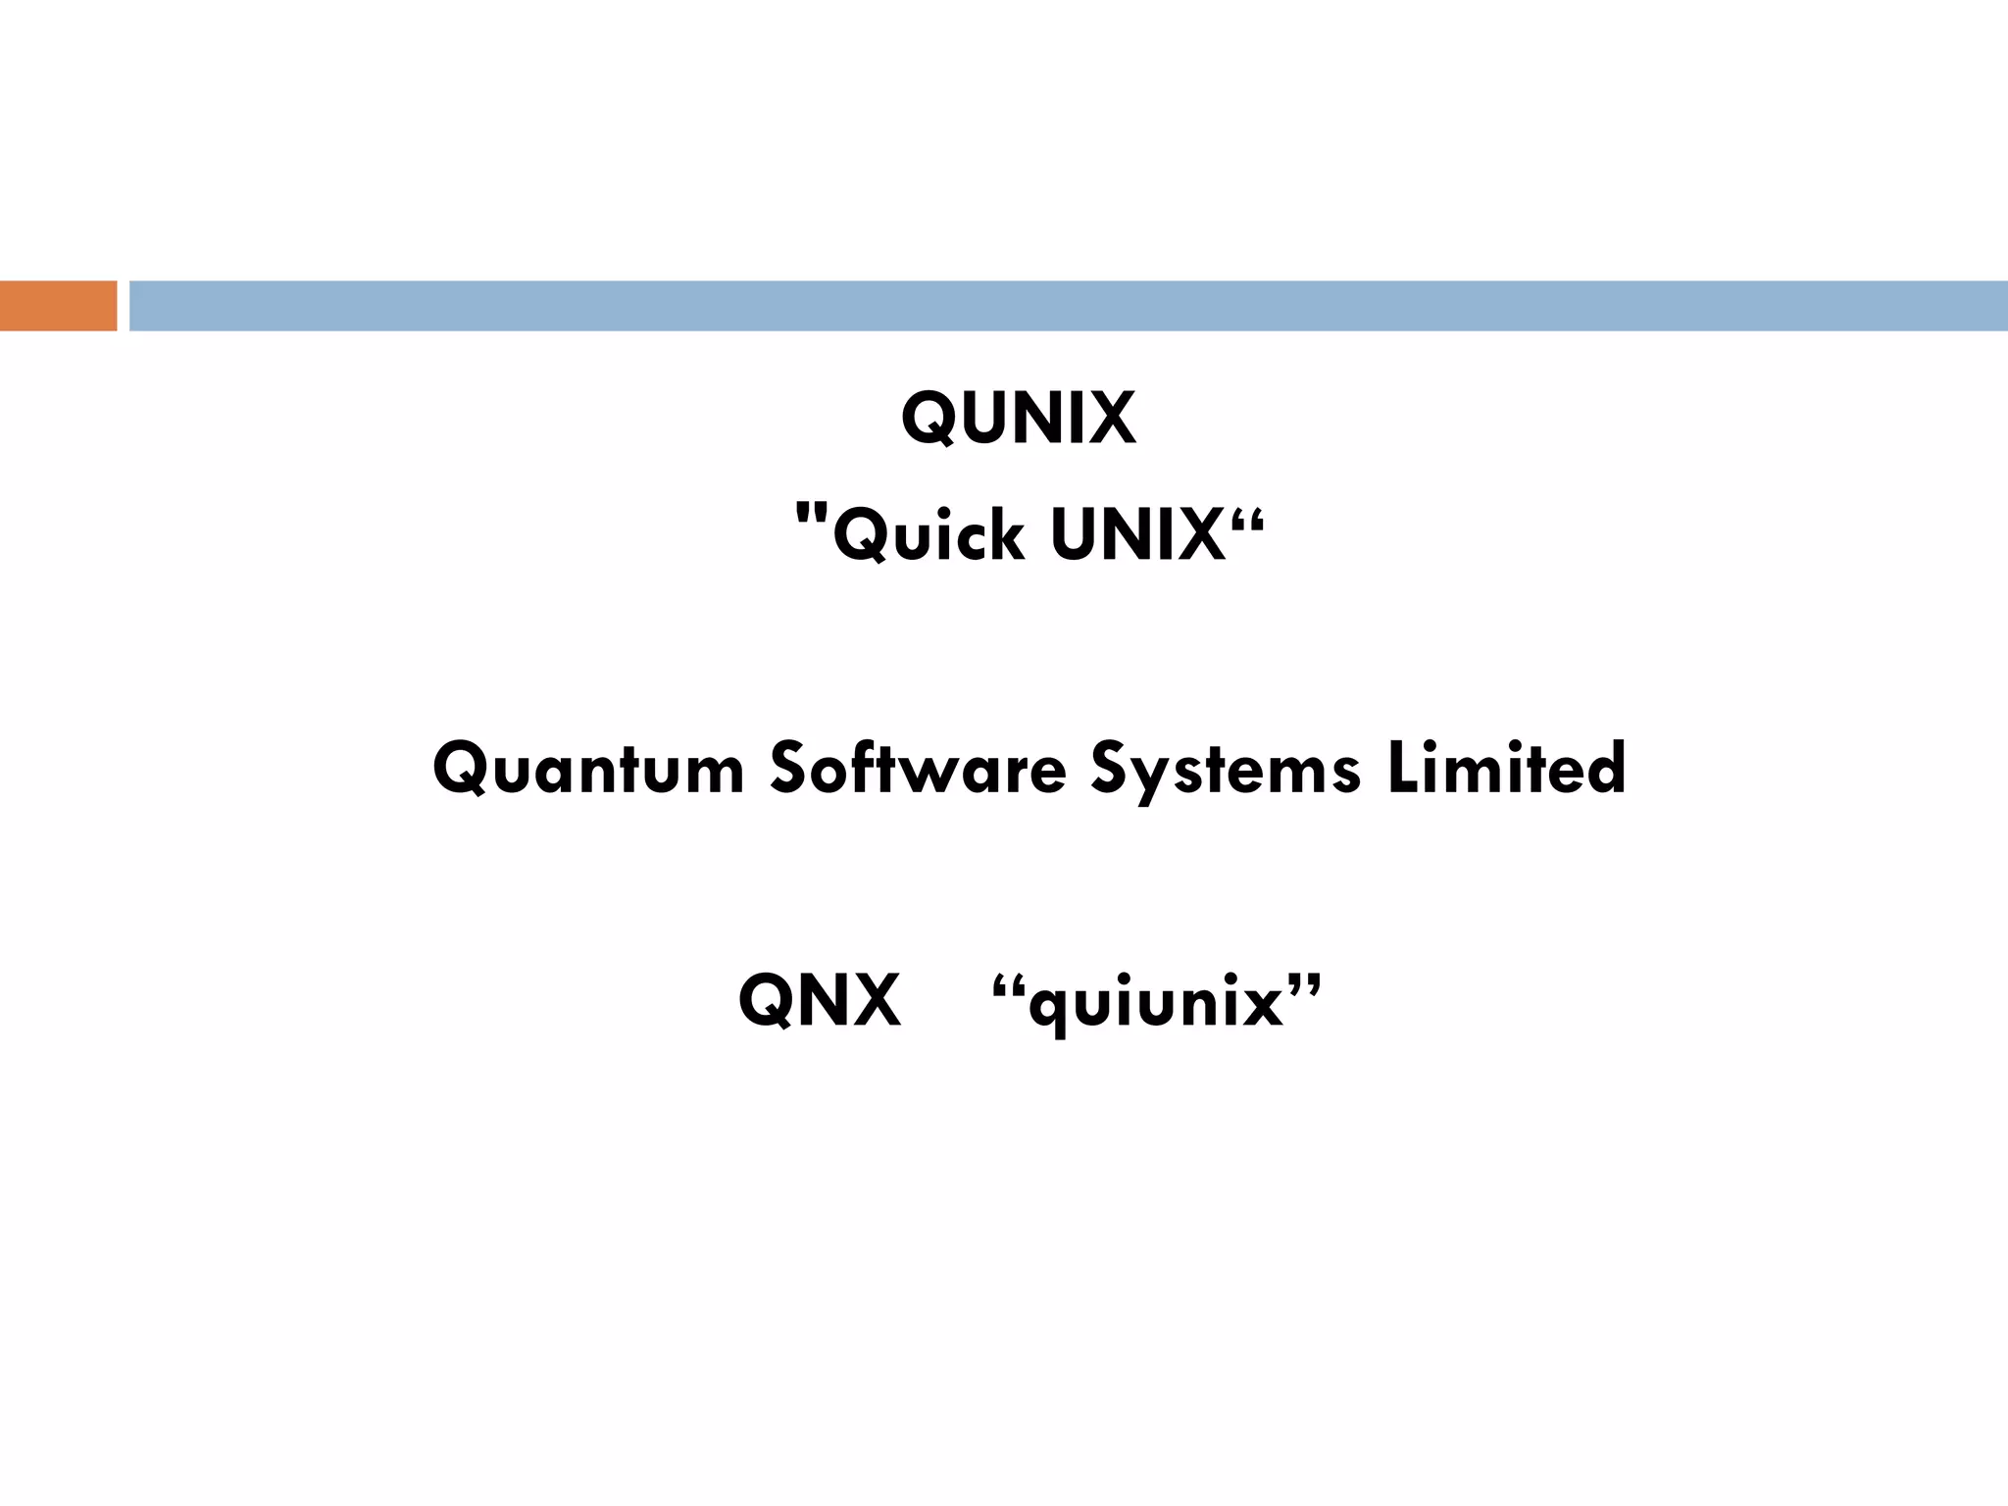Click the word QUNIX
pos(1018,418)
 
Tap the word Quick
pos(928,535)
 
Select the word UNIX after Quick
pos(1137,535)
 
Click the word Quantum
pos(588,768)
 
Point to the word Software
pos(918,768)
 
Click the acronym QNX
pos(819,1000)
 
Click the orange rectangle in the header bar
pos(58,306)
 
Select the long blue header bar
pos(1068,306)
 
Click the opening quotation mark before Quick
pos(812,514)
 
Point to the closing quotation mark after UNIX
pos(1247,515)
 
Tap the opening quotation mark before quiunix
pos(1008,984)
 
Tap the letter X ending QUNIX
pos(1111,418)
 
